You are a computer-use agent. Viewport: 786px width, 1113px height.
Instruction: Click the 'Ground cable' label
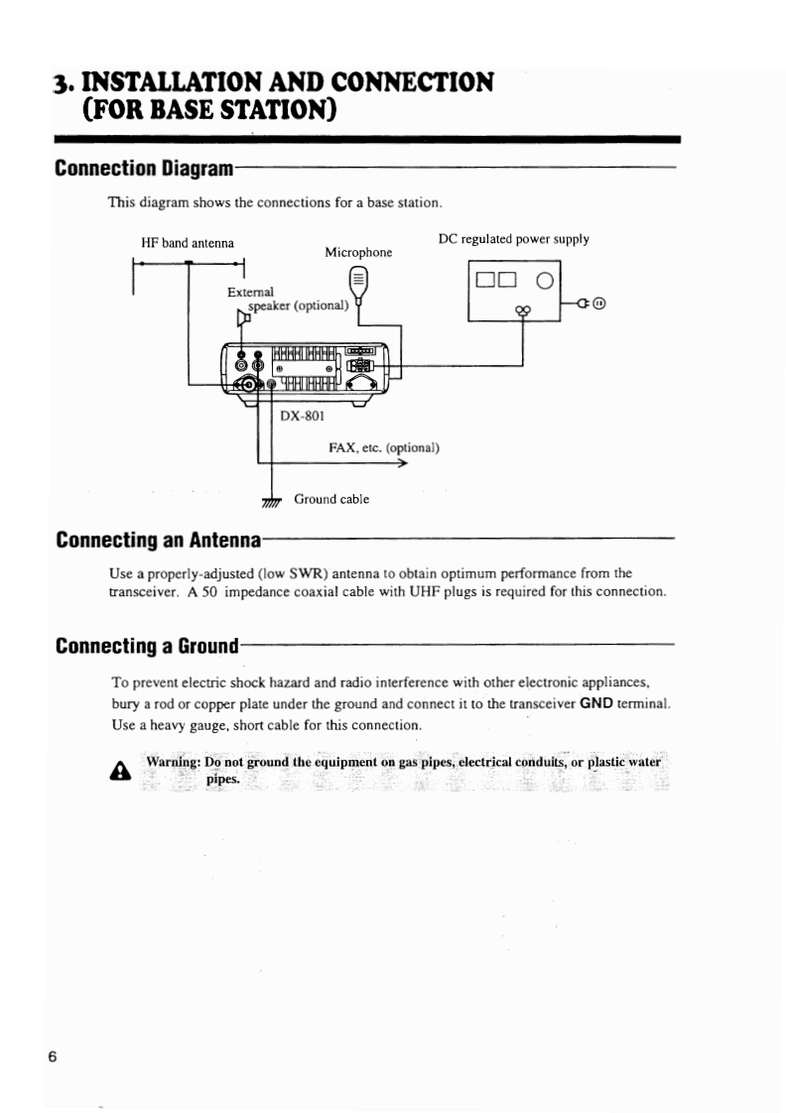(x=331, y=499)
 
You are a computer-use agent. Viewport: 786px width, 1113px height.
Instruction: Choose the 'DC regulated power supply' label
(x=513, y=239)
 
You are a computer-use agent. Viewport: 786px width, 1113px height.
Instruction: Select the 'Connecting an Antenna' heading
(x=159, y=541)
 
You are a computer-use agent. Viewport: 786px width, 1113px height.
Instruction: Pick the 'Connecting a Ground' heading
(x=148, y=648)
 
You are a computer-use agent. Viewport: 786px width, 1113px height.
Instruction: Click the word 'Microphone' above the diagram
(x=358, y=253)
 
